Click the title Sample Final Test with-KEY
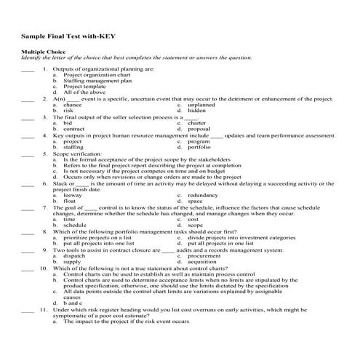tap(68, 35)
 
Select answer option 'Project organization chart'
tap(97, 75)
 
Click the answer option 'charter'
tap(197, 123)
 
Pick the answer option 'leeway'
tap(73, 196)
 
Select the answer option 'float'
tap(70, 201)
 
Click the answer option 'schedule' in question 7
tap(75, 225)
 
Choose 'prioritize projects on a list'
tap(97, 237)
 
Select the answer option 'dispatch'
tap(74, 256)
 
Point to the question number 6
tap(44, 184)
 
